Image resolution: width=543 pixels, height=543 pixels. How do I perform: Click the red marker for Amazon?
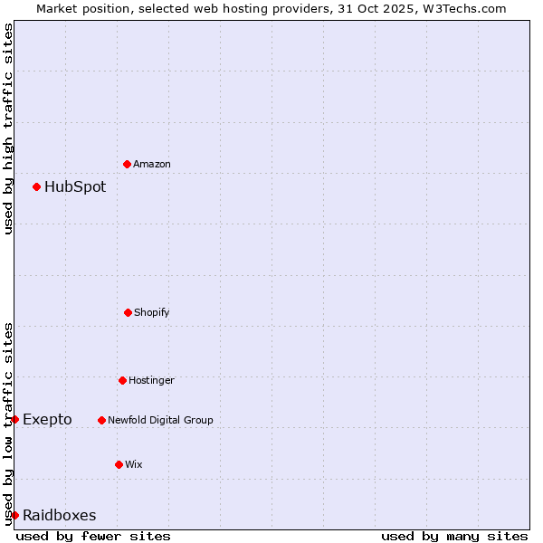point(127,164)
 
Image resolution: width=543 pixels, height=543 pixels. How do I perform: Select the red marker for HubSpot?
point(36,186)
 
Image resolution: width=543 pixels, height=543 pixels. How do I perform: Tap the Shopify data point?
point(128,312)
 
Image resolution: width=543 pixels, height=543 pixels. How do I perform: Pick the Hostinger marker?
point(122,380)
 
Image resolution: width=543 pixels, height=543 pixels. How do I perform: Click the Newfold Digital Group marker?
point(101,420)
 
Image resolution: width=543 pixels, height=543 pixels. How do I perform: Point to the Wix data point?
point(119,464)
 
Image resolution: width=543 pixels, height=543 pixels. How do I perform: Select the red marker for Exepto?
point(14,419)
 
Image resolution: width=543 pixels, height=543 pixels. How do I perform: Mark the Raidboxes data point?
point(14,515)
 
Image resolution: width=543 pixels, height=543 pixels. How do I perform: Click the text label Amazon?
point(152,164)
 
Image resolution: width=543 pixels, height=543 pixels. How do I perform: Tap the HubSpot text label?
point(75,187)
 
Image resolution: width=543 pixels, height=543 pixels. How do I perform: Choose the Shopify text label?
point(152,312)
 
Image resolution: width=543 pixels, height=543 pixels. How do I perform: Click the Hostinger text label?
point(151,380)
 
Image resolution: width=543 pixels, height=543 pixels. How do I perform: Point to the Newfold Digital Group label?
point(160,420)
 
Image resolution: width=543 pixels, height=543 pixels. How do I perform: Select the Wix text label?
point(134,464)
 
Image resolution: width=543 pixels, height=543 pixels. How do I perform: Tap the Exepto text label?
point(47,419)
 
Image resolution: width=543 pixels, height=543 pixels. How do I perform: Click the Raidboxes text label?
point(59,516)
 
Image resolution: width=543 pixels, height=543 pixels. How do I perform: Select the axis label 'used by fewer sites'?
point(93,536)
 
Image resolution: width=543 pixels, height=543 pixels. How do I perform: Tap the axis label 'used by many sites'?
point(454,536)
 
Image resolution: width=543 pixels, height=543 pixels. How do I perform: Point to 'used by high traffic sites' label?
point(8,129)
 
